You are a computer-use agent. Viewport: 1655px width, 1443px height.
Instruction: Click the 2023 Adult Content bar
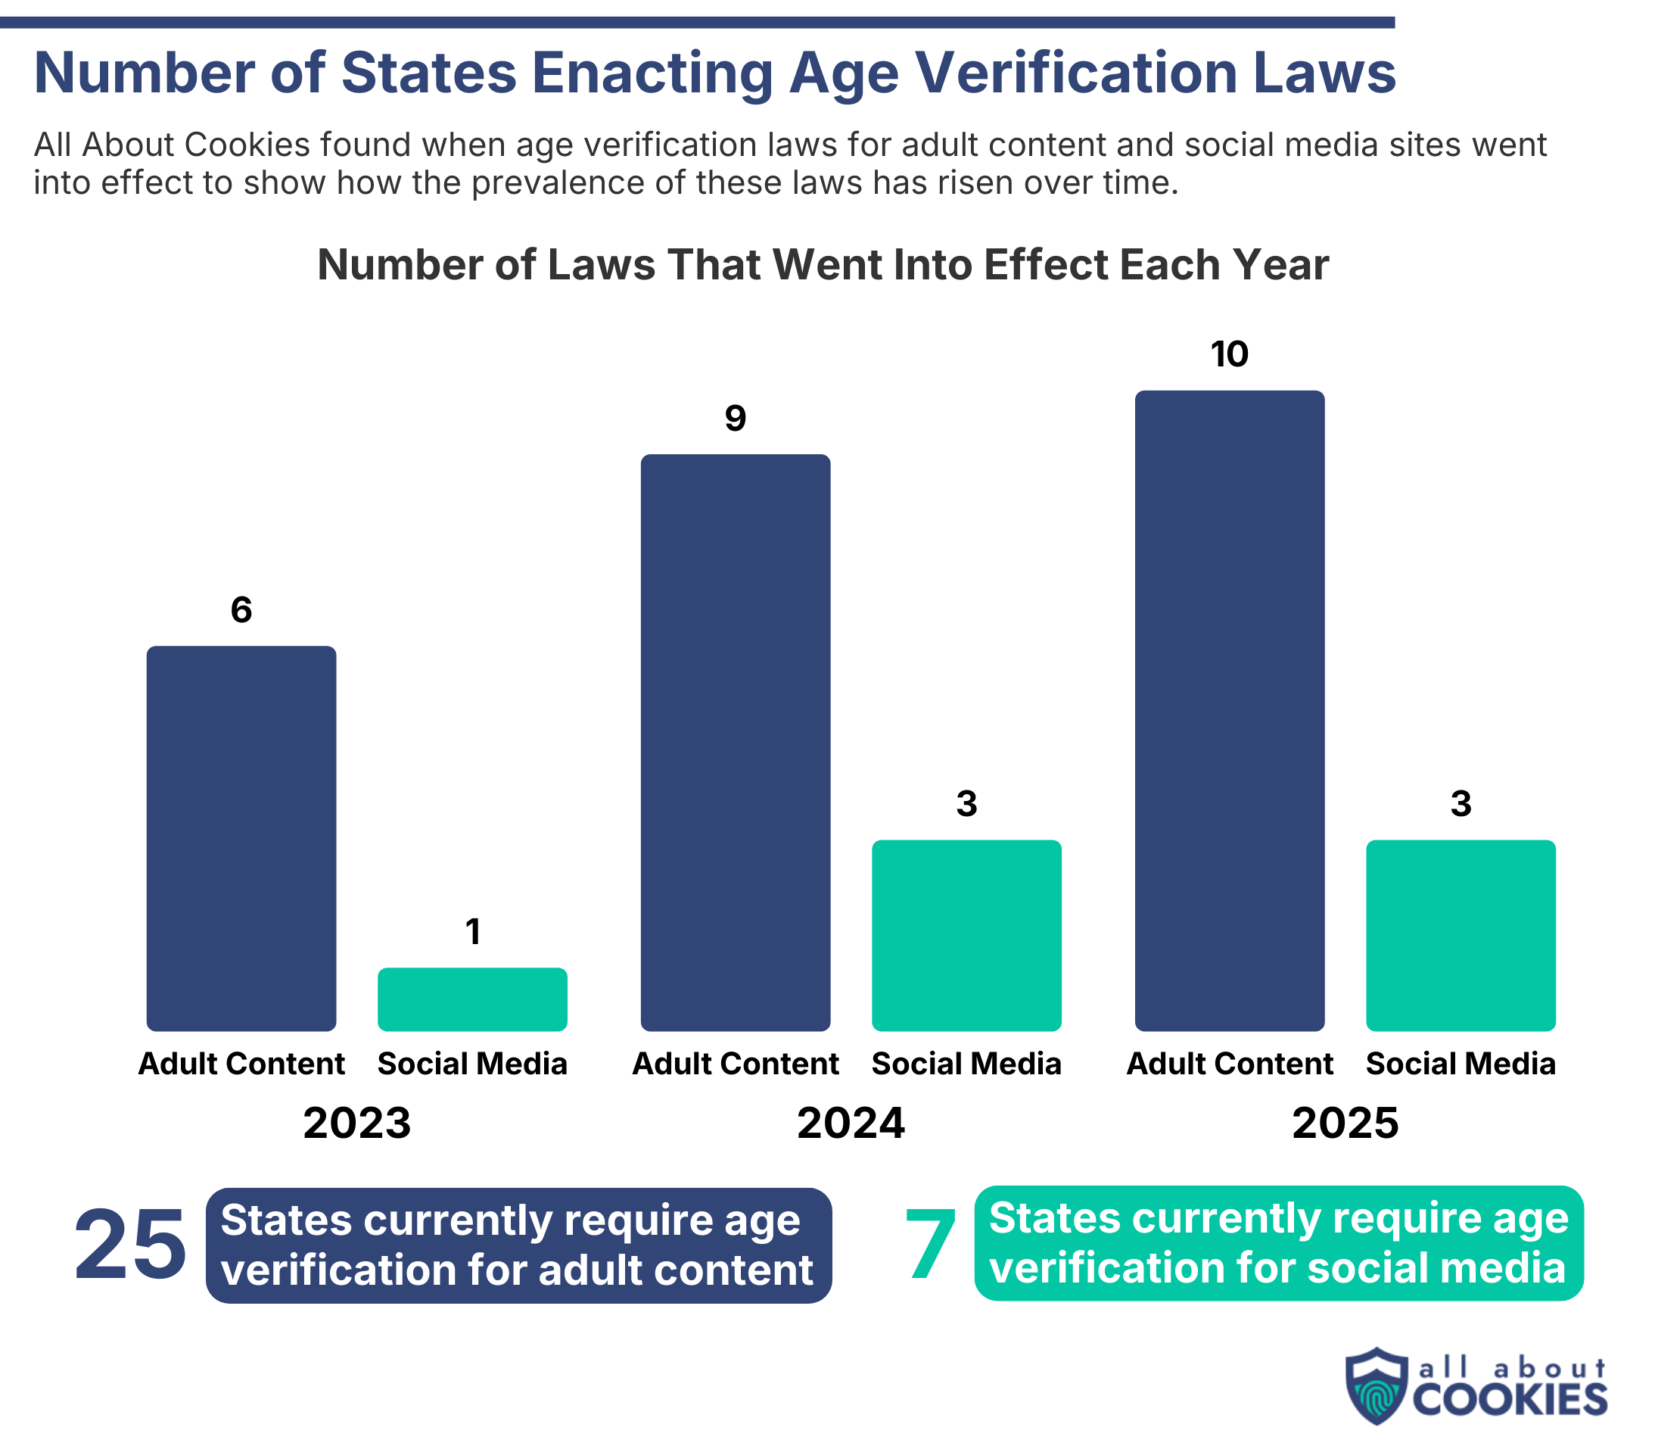[x=241, y=838]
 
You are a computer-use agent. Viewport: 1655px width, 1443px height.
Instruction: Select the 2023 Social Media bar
[x=472, y=999]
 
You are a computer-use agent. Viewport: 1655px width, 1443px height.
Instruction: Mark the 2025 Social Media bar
[x=1461, y=935]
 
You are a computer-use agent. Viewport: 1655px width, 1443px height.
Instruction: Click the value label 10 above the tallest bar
[x=1230, y=354]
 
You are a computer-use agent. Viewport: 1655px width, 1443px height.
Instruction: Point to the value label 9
[x=736, y=418]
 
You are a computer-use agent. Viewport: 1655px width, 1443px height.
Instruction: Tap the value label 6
[x=241, y=610]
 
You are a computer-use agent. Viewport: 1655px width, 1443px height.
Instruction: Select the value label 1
[x=473, y=932]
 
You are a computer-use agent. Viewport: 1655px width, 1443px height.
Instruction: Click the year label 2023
[x=356, y=1123]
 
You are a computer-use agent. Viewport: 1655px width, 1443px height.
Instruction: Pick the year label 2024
[x=851, y=1123]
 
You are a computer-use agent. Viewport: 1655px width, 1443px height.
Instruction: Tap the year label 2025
[x=1345, y=1123]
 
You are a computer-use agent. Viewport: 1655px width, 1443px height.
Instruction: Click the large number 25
[x=130, y=1245]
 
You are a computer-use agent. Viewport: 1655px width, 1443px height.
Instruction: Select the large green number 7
[x=930, y=1245]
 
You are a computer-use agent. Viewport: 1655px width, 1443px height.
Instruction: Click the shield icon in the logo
[x=1377, y=1385]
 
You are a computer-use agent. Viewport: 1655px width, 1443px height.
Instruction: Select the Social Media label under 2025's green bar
[x=1461, y=1064]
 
